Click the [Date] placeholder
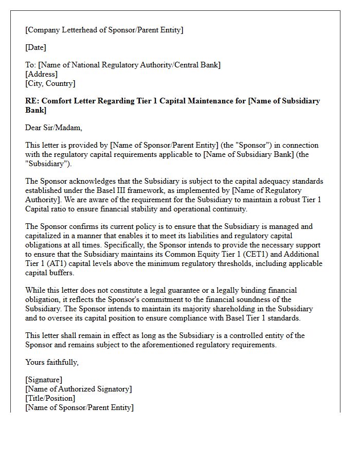35,47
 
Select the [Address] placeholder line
41,74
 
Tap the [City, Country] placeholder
50,83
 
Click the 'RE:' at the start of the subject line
32,101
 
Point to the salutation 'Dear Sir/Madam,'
53,128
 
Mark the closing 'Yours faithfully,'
52,362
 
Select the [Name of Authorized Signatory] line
78,389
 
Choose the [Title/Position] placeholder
50,398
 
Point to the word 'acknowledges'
95,181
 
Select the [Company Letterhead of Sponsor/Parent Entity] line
104,30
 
